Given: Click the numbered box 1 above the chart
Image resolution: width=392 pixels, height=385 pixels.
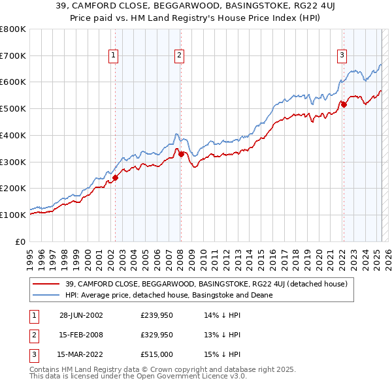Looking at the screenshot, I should (x=114, y=56).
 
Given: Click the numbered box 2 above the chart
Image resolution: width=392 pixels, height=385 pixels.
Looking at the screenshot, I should (x=178, y=56).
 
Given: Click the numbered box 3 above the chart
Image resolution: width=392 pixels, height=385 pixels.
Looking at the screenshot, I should (x=342, y=56).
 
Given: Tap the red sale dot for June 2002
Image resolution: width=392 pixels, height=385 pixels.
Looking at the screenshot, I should (x=115, y=177).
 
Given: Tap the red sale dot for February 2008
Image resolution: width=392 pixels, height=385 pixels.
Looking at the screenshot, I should (x=181, y=153).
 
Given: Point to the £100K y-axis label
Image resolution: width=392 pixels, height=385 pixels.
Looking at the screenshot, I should (x=13, y=215).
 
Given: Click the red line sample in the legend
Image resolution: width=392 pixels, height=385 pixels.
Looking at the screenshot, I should (x=47, y=284).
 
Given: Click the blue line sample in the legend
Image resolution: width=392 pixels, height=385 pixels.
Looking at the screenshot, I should (x=47, y=295).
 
